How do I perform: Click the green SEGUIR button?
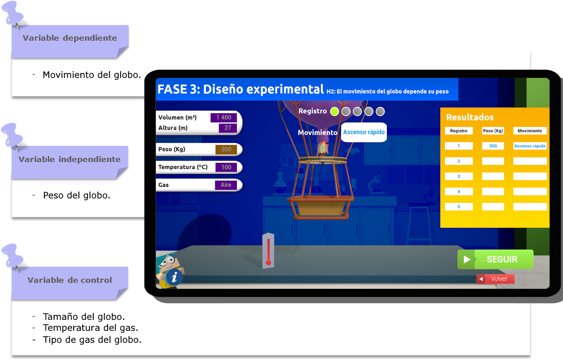495,260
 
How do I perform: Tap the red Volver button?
495,279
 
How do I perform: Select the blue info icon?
174,277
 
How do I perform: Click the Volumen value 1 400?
223,118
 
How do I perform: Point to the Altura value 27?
228,128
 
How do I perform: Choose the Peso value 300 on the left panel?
226,150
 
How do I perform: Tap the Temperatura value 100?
226,167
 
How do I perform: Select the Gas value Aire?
226,185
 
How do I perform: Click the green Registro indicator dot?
334,111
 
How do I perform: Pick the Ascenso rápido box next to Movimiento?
364,132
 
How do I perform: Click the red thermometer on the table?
268,251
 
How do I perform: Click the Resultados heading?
470,117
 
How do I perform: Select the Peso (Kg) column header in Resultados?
493,131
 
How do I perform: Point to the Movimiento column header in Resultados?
530,131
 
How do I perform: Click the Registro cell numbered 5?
458,207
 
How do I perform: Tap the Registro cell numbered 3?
458,176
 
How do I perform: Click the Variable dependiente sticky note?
70,39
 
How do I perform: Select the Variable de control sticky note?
70,281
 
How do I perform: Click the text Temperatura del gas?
90,328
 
